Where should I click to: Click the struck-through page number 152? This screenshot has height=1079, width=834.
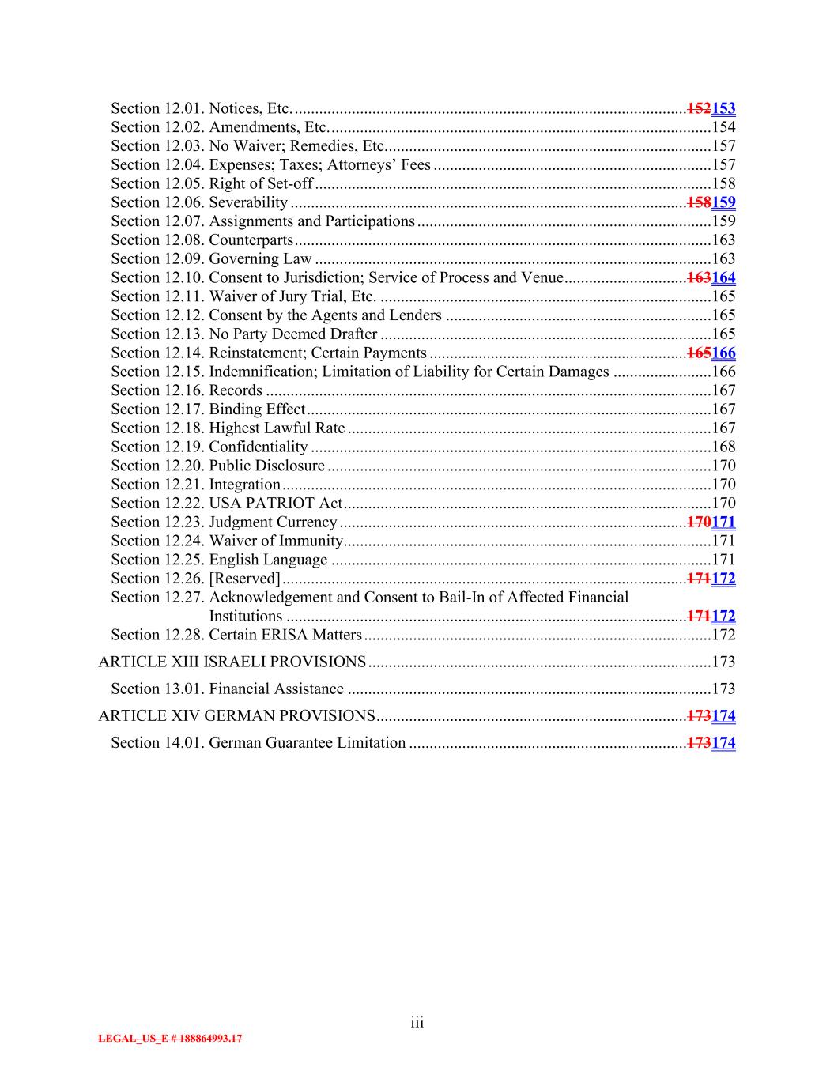click(x=699, y=108)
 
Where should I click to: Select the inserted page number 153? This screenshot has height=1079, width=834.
click(x=723, y=108)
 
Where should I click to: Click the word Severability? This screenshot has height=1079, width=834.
click(x=248, y=202)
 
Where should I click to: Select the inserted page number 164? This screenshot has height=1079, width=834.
click(x=723, y=277)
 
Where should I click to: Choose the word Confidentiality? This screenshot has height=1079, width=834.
click(x=259, y=447)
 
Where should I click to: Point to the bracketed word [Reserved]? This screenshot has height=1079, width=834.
click(x=244, y=579)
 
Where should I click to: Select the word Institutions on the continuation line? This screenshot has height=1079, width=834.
click(x=245, y=617)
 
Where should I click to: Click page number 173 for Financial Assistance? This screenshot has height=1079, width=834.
click(x=723, y=689)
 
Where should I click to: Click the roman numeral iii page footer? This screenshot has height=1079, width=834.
click(x=417, y=1023)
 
